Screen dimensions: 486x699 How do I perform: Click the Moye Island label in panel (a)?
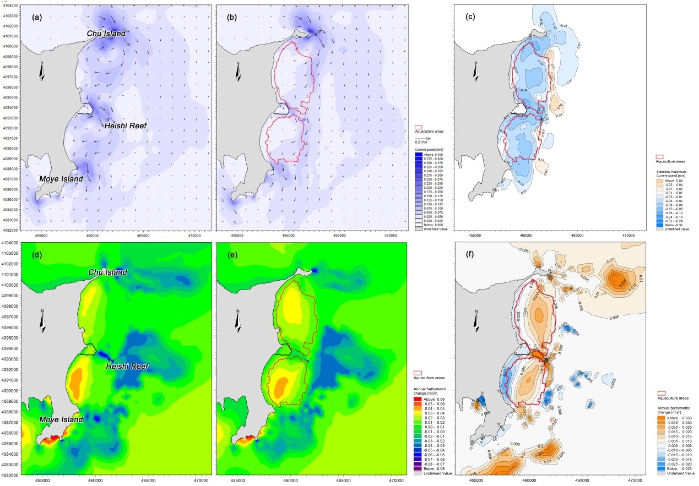(x=61, y=179)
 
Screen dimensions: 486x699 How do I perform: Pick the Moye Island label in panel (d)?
(x=61, y=419)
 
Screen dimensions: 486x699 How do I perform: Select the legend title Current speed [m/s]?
(x=429, y=150)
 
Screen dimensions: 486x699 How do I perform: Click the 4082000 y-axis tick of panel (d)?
(x=10, y=474)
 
